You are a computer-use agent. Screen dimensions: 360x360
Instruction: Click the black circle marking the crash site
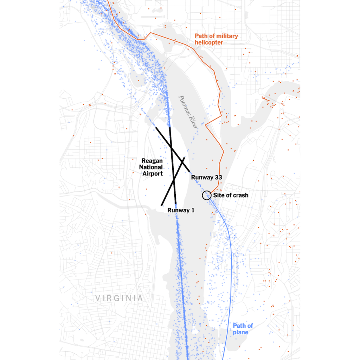click(x=207, y=195)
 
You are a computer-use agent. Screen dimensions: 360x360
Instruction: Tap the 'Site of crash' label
click(x=231, y=195)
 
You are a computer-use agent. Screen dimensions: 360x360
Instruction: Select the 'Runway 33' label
click(x=206, y=178)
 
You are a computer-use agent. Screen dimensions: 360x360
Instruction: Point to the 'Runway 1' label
click(x=181, y=211)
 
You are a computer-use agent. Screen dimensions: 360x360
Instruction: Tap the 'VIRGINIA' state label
click(x=120, y=298)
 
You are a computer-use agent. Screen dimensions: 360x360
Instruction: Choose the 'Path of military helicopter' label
click(x=216, y=39)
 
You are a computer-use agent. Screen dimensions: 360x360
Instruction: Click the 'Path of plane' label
click(x=243, y=329)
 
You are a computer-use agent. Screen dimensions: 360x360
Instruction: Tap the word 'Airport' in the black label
click(x=152, y=174)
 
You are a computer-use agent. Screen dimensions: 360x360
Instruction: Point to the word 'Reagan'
click(x=152, y=161)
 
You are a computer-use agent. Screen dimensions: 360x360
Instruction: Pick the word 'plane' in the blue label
click(x=240, y=333)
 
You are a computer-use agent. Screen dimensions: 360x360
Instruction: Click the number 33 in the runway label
click(x=218, y=178)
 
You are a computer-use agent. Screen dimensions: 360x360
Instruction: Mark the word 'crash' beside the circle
click(x=241, y=195)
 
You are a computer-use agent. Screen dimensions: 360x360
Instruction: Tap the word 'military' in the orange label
click(x=226, y=36)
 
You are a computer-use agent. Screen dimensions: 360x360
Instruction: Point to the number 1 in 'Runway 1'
click(x=192, y=211)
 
